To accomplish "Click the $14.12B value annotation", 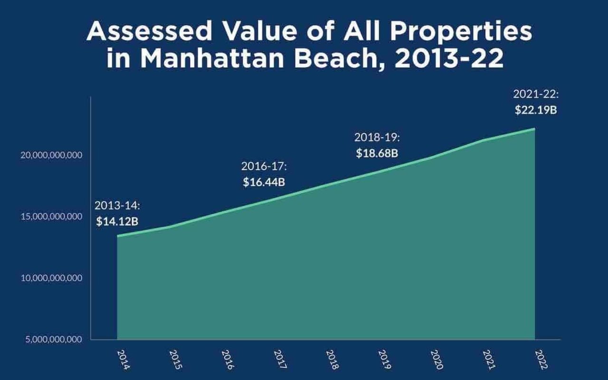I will (x=117, y=221).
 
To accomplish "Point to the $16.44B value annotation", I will (x=264, y=181).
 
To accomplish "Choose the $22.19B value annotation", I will (x=536, y=110).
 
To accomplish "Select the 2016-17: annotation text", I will (x=264, y=166).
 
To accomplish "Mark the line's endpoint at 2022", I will (x=535, y=129).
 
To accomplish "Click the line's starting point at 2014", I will (x=117, y=236).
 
